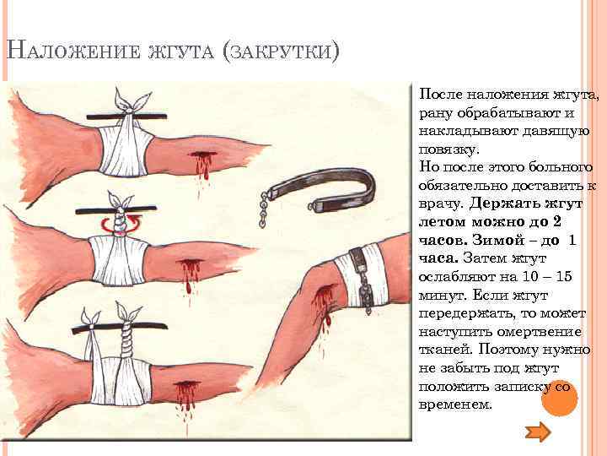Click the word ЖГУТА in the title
[x=181, y=52]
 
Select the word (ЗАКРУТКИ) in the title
[x=281, y=52]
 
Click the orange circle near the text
[x=560, y=399]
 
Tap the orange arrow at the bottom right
[x=538, y=432]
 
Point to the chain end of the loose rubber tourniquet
[x=264, y=209]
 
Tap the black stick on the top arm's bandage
[x=126, y=116]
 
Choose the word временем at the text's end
[x=455, y=404]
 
